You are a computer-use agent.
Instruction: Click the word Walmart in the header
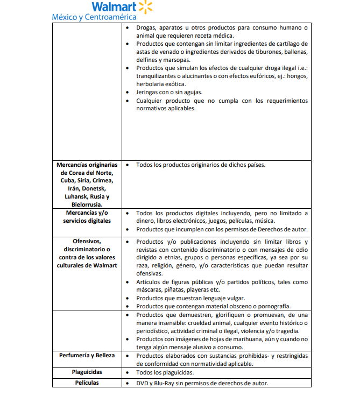coord(114,7)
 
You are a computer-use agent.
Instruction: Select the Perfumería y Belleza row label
coord(87,356)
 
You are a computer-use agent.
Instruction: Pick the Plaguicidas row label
coord(87,372)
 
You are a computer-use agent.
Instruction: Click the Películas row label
coord(87,383)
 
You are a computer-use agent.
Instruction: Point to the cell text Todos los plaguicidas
coord(165,372)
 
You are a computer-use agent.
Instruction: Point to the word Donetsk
coord(96,188)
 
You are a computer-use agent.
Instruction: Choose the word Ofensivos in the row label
coord(86,242)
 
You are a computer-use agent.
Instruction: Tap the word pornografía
coord(273,306)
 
